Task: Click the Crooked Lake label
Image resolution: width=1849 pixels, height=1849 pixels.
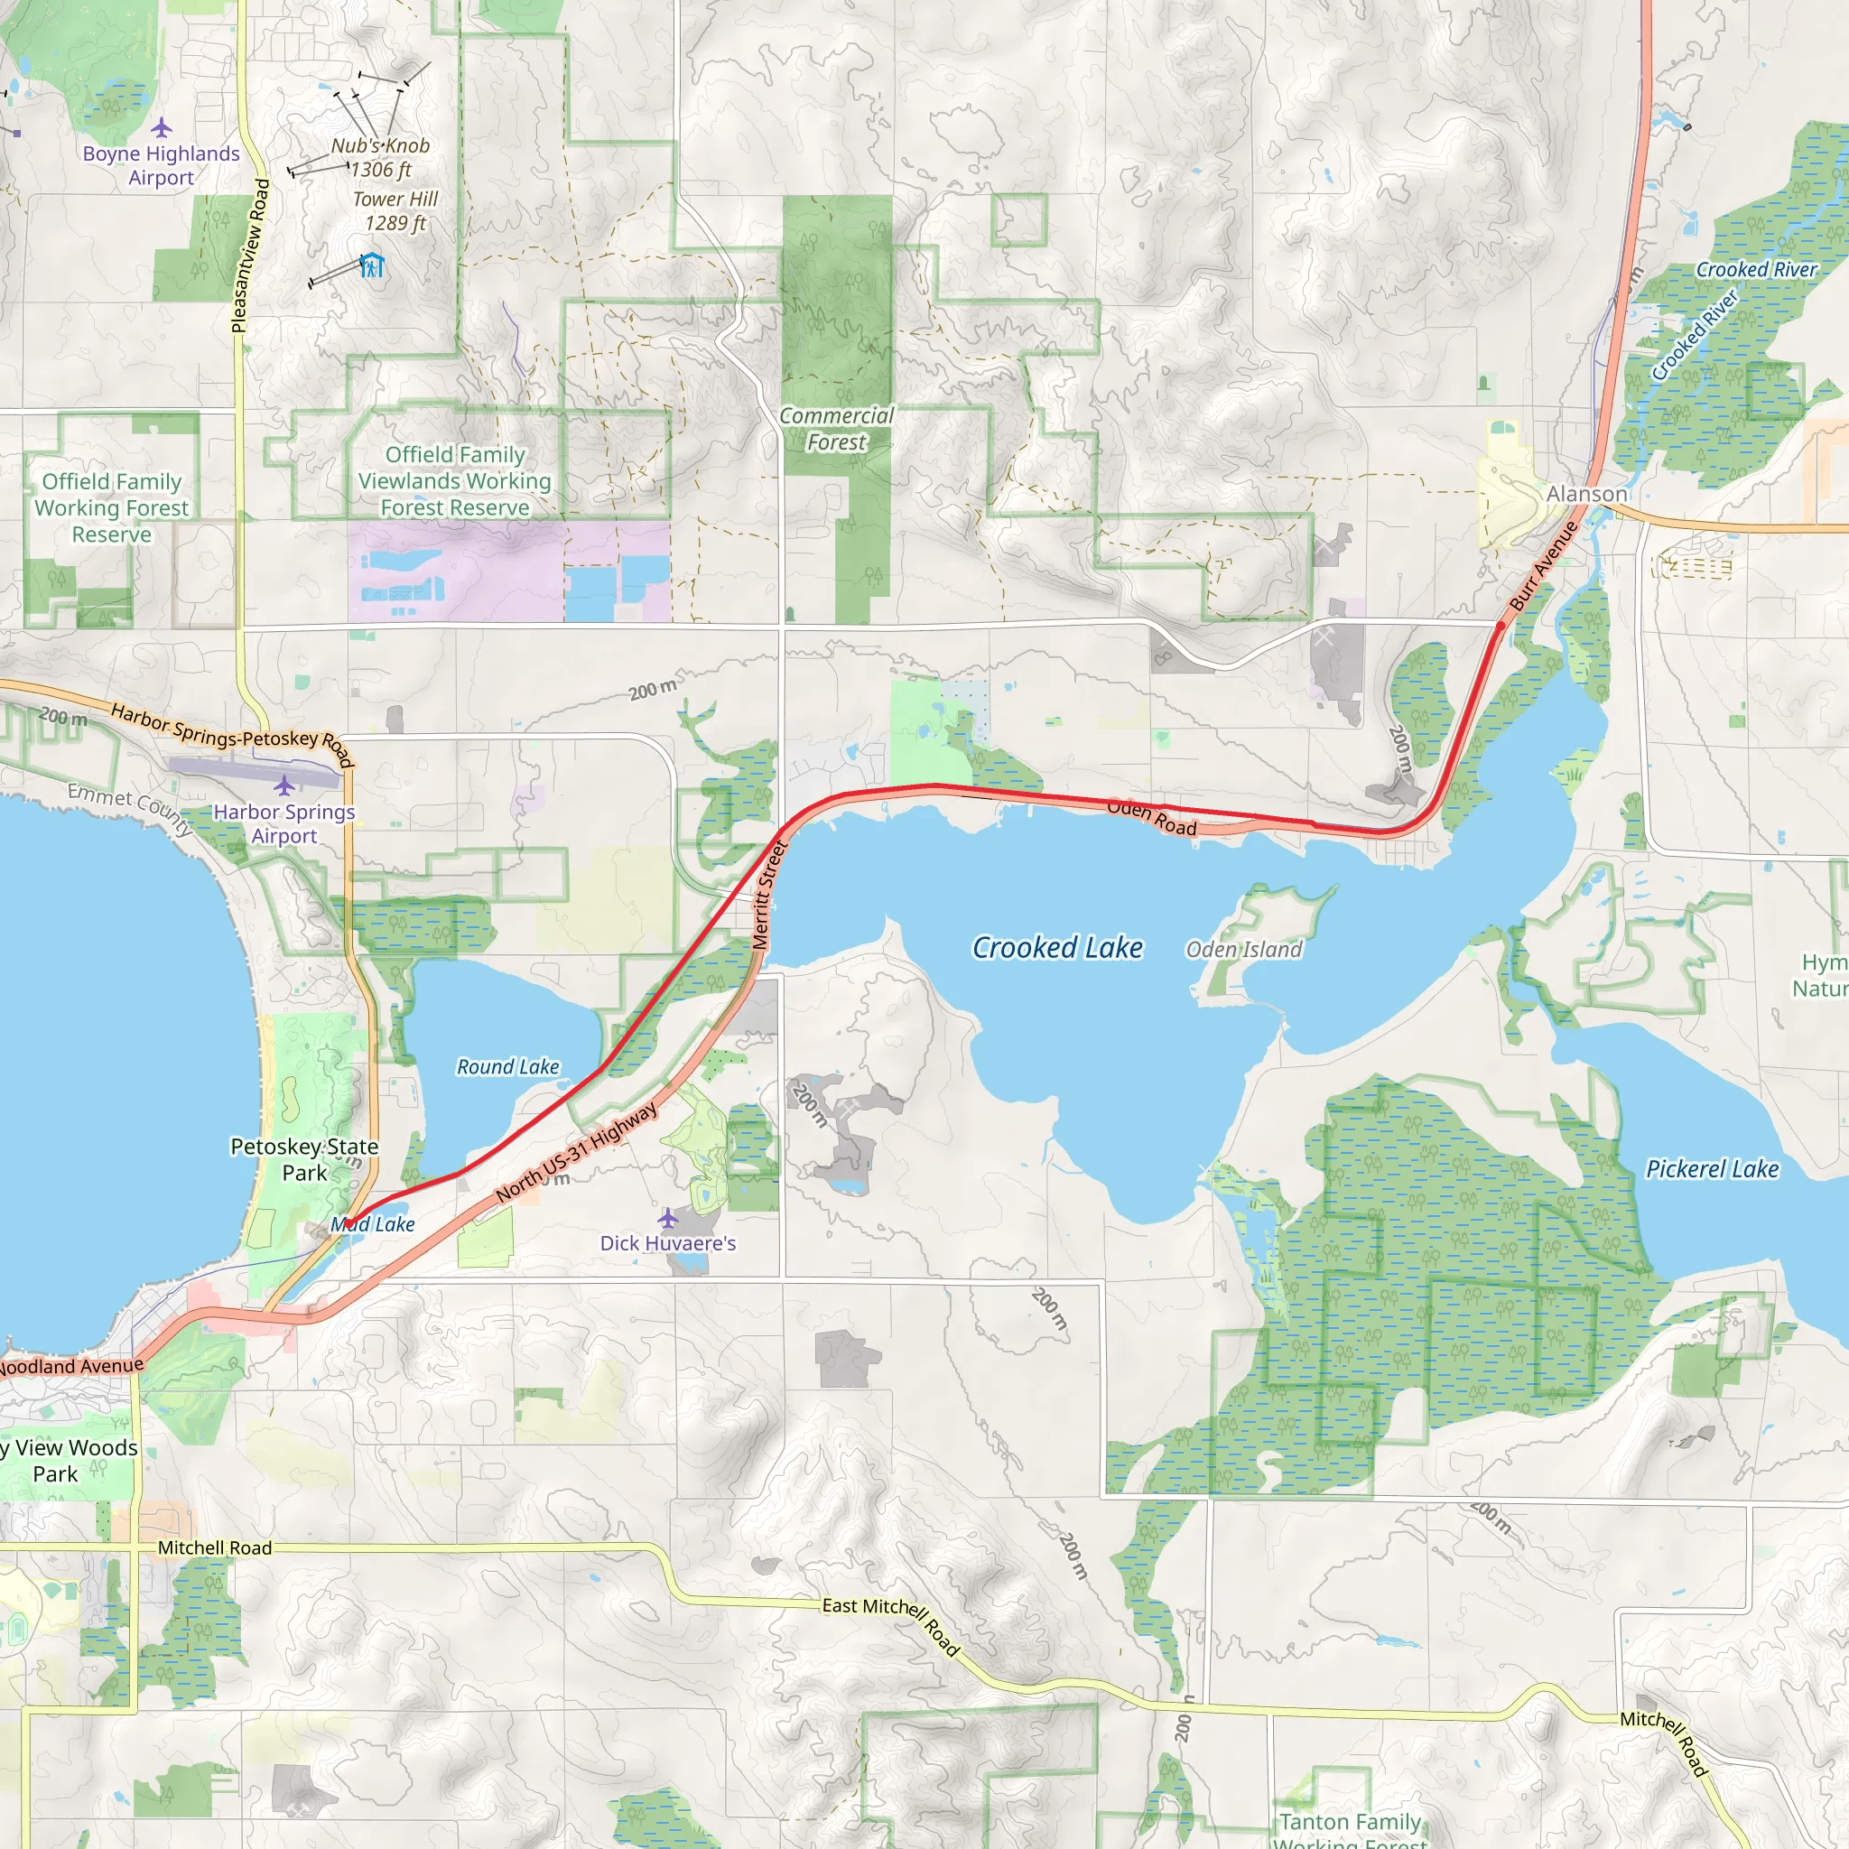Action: click(x=1057, y=947)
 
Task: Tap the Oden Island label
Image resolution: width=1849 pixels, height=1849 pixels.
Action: click(x=1243, y=950)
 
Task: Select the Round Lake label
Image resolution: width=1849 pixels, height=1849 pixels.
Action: click(x=507, y=1066)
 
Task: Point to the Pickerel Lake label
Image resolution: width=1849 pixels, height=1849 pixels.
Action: click(x=1712, y=1168)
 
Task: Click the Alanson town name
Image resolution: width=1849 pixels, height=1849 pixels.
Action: click(x=1587, y=494)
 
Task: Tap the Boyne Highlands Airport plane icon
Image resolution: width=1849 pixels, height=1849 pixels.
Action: click(x=162, y=127)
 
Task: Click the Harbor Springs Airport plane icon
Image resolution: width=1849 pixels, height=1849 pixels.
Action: click(x=284, y=785)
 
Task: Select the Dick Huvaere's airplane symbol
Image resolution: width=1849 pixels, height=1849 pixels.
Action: click(x=668, y=1218)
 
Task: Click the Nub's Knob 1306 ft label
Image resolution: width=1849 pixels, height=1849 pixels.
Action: click(x=380, y=158)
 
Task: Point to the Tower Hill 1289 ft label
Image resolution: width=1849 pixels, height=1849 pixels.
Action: click(x=395, y=210)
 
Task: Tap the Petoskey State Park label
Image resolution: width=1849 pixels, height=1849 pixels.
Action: click(x=304, y=1159)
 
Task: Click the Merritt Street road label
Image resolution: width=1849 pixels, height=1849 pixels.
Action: click(x=768, y=894)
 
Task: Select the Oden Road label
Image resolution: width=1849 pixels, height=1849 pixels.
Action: click(x=1151, y=818)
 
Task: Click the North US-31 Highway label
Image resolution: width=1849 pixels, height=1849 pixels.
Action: click(x=577, y=1152)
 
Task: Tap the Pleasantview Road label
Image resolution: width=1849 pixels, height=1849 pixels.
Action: click(x=251, y=256)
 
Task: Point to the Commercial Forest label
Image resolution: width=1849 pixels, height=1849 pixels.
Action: click(x=835, y=429)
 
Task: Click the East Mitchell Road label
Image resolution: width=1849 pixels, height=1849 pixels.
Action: click(x=890, y=1625)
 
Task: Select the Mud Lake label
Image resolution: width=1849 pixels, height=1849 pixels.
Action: click(x=373, y=1224)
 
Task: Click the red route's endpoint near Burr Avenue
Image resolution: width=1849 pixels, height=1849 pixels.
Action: click(x=1500, y=626)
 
